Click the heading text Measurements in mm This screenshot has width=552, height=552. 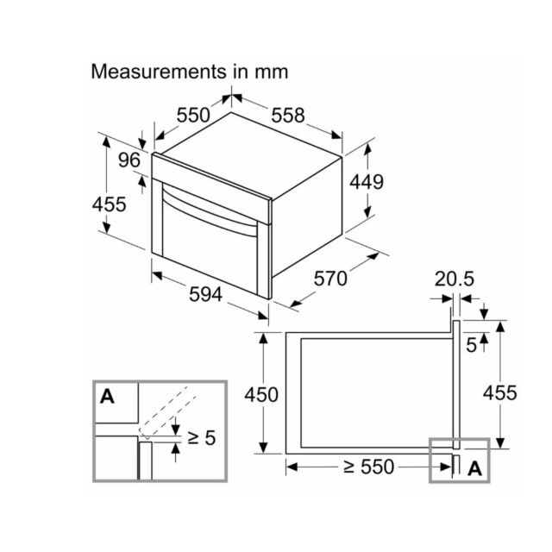coord(190,72)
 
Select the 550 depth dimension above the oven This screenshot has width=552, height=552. coord(193,115)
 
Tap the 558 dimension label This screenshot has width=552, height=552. coord(287,115)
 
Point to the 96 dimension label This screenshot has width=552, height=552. coord(129,160)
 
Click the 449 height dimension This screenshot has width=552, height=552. coord(367,182)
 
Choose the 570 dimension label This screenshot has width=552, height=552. coord(330,279)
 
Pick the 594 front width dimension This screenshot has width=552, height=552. coord(206,294)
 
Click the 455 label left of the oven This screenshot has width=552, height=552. coord(109,204)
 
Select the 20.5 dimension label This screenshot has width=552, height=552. coord(455,279)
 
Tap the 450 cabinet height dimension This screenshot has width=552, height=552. coord(261,394)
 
